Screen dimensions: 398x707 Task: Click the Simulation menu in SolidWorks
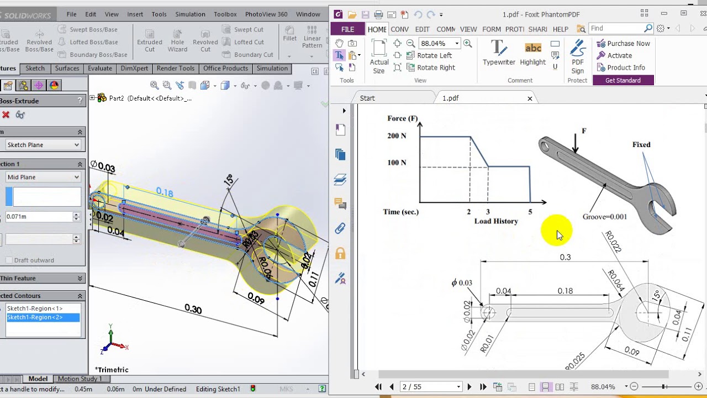coord(190,14)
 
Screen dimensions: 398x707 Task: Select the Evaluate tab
coord(100,69)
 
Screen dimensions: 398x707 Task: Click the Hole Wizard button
coord(177,41)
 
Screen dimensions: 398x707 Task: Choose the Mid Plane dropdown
coord(43,177)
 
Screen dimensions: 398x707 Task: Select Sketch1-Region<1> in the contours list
coord(35,308)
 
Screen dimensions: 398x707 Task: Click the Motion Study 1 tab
coord(80,379)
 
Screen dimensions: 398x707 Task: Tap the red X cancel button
coord(6,114)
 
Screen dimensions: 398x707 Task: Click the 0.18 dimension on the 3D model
coord(165,192)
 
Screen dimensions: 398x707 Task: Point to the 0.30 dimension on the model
coord(193,309)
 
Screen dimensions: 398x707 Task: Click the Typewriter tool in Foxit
coord(499,54)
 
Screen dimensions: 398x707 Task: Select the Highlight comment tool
coord(532,54)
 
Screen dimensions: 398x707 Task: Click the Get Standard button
coord(622,80)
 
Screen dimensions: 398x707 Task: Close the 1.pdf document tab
coord(530,98)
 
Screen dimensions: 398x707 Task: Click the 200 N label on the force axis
coord(397,136)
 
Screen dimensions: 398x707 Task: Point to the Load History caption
coord(496,221)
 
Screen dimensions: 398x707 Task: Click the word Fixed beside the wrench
coord(641,145)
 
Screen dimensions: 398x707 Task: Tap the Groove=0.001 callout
coord(605,217)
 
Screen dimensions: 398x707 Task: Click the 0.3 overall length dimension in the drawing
coord(565,257)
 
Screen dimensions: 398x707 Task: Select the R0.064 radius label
coord(616,280)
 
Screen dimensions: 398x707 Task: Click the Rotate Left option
coord(434,55)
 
